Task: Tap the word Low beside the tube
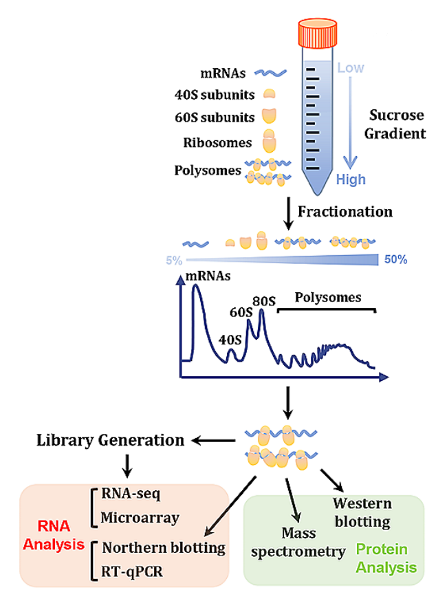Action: [351, 68]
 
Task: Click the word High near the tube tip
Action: [351, 180]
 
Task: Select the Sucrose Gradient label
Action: [393, 124]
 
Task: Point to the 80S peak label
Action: [264, 300]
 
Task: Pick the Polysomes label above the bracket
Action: [327, 297]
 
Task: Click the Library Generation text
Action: [110, 440]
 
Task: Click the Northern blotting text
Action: [164, 548]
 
